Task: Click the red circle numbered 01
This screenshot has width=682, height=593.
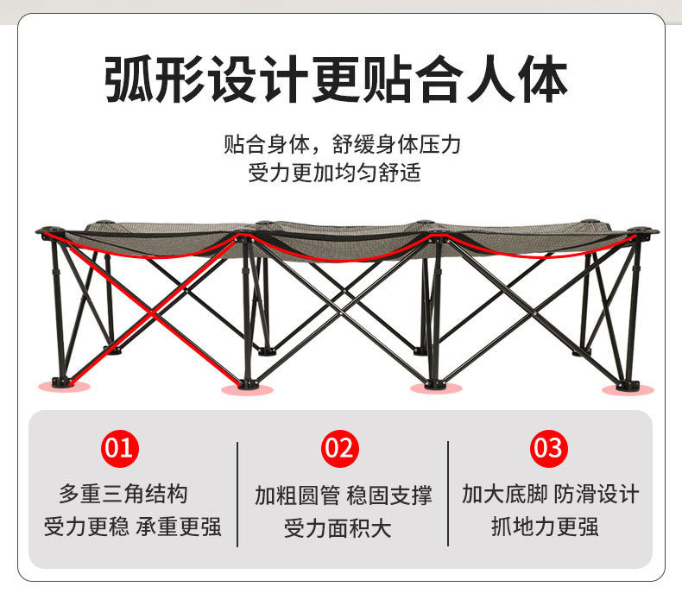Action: (120, 448)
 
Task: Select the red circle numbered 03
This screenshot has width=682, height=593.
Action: (548, 448)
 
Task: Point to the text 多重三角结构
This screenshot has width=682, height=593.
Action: (123, 494)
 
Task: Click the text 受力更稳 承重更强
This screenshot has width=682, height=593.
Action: (133, 527)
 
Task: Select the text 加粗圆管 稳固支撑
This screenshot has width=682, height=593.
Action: (343, 495)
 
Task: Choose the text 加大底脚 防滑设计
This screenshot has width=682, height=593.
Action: (550, 494)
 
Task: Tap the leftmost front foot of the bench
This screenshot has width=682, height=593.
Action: (60, 382)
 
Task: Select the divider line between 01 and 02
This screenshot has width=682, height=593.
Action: (237, 493)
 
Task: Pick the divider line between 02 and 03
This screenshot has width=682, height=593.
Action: (447, 493)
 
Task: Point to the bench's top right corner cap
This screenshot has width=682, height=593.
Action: (643, 230)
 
